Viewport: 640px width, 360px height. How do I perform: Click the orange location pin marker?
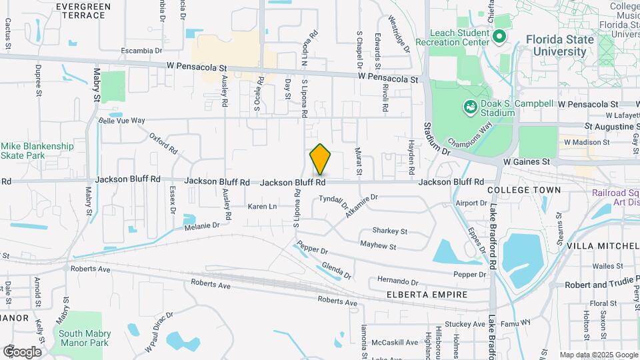tap(320, 159)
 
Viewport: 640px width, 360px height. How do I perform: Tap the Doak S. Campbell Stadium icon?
tap(470, 107)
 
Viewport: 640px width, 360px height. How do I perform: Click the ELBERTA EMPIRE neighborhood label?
tap(417, 293)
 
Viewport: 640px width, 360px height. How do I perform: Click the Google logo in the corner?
tap(22, 351)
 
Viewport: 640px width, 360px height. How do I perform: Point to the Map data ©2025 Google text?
tap(597, 355)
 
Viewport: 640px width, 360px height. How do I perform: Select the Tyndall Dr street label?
tap(334, 200)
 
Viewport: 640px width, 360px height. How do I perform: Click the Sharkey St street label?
tap(389, 231)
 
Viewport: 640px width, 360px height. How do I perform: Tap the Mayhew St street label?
tap(378, 247)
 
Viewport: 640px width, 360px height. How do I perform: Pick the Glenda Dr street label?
tap(336, 269)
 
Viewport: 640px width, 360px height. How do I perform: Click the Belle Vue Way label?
tap(122, 121)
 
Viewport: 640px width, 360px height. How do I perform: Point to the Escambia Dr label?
tap(142, 51)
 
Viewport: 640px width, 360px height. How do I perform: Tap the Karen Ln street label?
tap(262, 207)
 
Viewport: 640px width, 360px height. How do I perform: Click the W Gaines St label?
tap(526, 161)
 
